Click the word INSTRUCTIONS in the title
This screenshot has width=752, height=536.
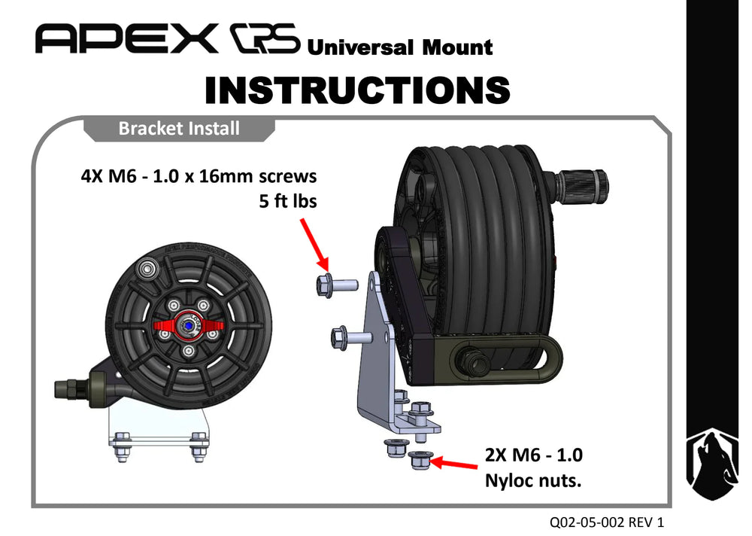tap(357, 90)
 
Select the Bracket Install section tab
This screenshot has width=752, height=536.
tap(179, 129)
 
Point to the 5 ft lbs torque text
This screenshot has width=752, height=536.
tap(288, 201)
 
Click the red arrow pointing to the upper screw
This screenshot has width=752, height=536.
tap(314, 245)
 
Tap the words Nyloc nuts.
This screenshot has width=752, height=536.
tap(533, 480)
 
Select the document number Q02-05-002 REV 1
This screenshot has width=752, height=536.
tap(607, 522)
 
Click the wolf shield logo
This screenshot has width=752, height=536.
tap(711, 464)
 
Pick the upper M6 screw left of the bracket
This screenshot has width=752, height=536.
tap(337, 285)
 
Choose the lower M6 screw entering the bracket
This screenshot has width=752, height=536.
tap(352, 337)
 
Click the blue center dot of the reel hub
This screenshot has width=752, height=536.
tap(189, 326)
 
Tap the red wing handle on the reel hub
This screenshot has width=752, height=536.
tap(189, 326)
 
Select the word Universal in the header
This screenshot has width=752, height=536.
tap(360, 47)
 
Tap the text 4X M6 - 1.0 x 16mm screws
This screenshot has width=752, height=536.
tap(199, 176)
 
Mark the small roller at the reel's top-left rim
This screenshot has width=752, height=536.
tap(147, 267)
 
